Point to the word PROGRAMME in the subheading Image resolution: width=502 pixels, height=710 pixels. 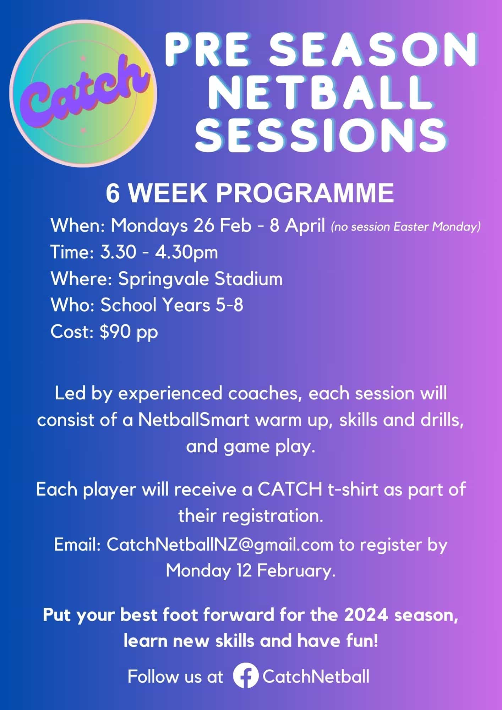point(305,194)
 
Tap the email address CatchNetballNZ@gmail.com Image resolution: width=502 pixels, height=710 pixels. point(220,545)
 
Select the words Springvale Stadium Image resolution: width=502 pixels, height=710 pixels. point(201,279)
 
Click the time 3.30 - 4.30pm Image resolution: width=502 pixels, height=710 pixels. point(159,252)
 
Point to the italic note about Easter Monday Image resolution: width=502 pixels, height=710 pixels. point(405,226)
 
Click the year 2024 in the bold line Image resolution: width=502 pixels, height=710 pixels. point(365,615)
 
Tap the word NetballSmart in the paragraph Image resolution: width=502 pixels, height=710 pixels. point(194,420)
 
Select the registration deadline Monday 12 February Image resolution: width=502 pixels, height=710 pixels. point(250,571)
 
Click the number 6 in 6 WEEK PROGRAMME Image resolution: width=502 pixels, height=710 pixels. point(113,194)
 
